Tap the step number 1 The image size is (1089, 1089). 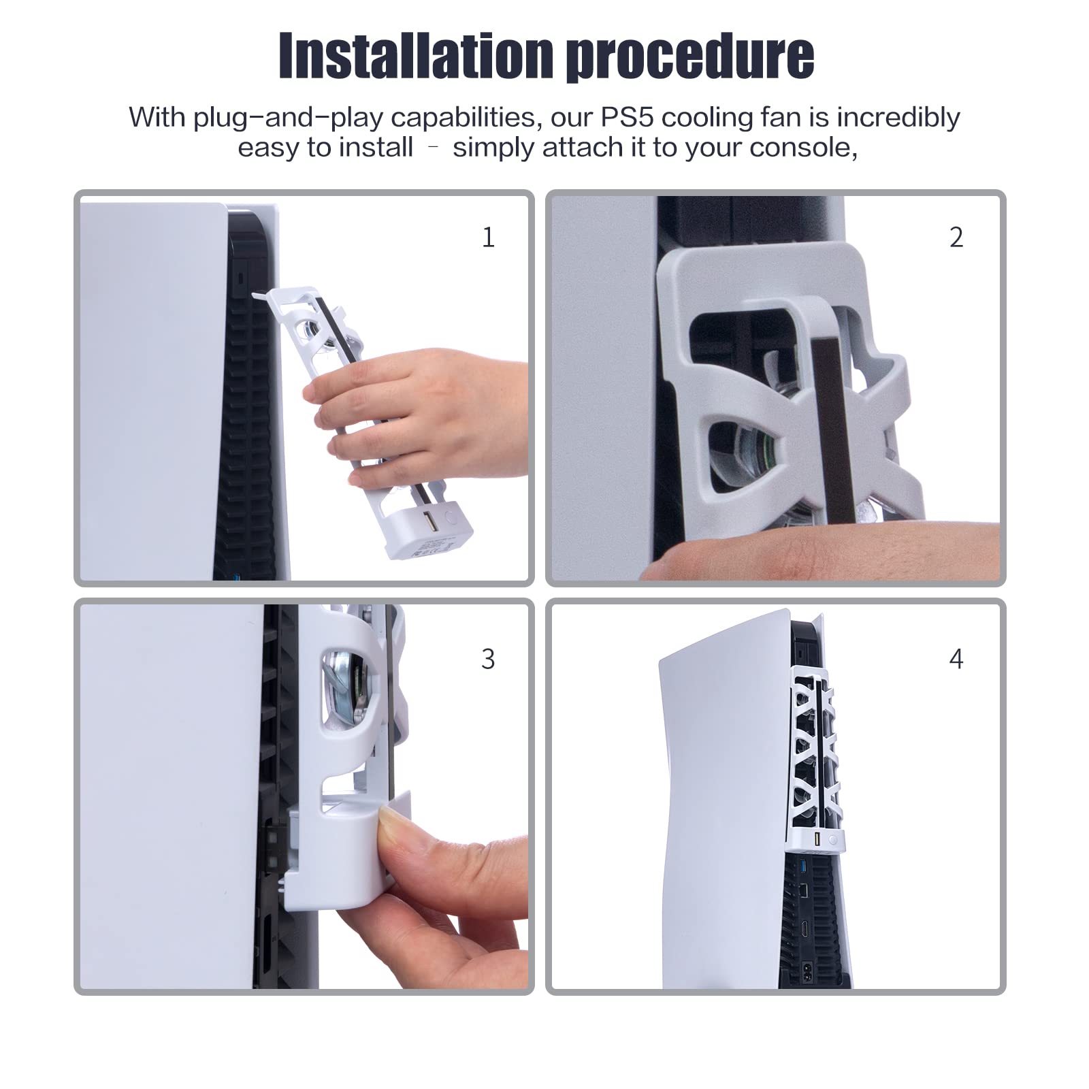tap(488, 237)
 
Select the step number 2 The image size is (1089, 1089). tap(956, 237)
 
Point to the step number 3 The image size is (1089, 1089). tap(488, 659)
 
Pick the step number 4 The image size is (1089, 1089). tap(956, 659)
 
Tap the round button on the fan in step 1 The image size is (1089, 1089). tap(434, 517)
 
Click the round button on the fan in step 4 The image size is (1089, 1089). tap(832, 841)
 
